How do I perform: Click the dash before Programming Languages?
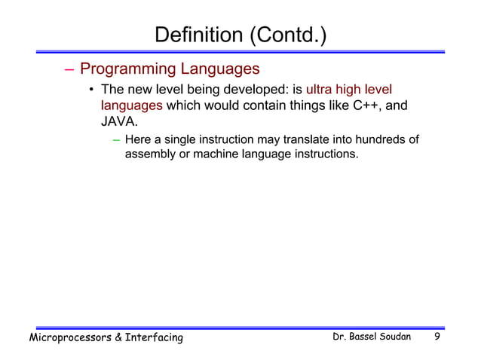[69, 70]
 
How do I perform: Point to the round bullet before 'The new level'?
[90, 92]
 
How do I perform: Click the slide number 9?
[437, 337]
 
